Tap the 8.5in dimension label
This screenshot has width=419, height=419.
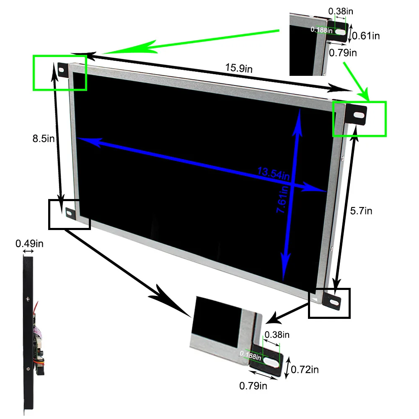44,138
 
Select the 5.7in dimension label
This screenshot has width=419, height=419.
361,211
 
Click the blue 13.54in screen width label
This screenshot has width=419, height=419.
274,172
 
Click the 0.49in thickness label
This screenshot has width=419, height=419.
29,243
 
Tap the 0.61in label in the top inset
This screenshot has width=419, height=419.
366,36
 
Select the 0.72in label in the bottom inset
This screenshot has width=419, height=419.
305,370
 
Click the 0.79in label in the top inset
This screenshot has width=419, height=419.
343,52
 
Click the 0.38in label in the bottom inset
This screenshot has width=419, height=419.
277,335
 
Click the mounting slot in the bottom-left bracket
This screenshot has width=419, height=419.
68,213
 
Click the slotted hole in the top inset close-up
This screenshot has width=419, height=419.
341,31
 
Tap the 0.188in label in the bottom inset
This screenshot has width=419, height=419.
251,355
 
